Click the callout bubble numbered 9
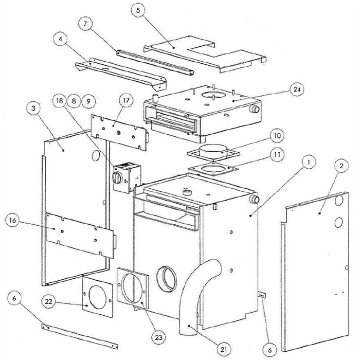tap(89, 100)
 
